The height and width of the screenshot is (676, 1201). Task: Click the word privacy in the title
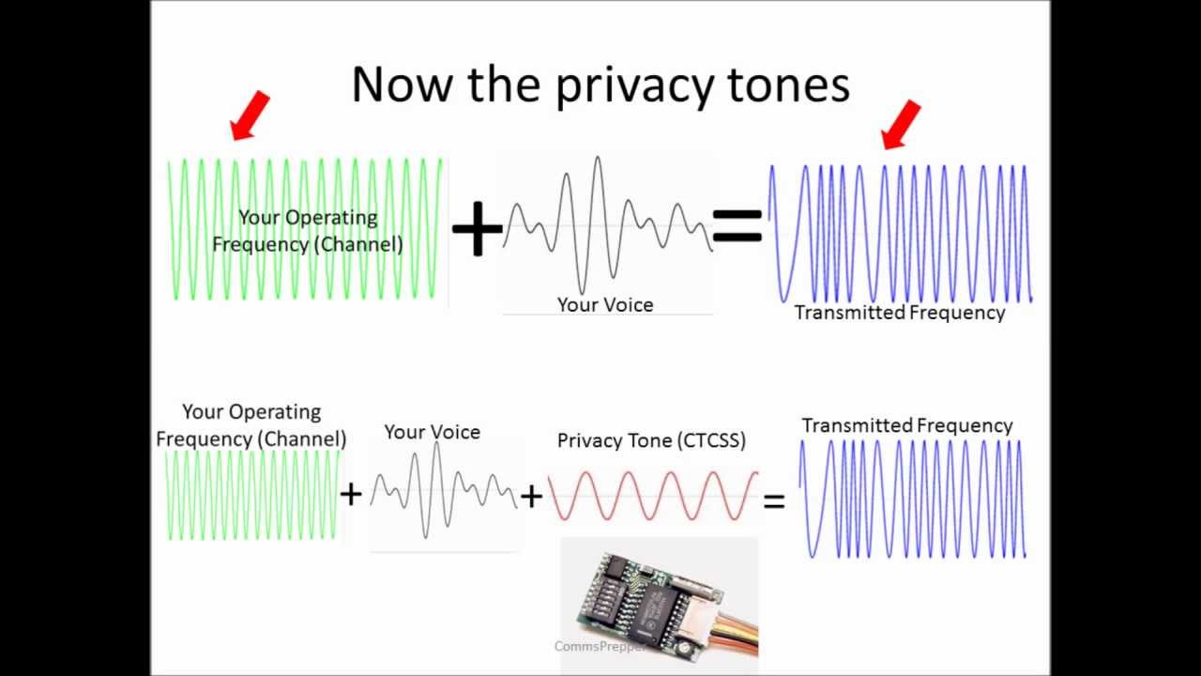(635, 86)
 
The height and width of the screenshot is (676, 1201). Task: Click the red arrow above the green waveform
(250, 115)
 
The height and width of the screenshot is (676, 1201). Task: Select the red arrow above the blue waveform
(901, 125)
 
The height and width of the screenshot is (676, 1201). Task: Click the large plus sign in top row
(478, 228)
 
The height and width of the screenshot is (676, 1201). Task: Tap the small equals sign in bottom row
(774, 501)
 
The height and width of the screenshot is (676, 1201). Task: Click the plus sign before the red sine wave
(531, 497)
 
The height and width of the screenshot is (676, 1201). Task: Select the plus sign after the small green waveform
(351, 494)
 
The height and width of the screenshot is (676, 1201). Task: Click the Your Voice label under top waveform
(605, 305)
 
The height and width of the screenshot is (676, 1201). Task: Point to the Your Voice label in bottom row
(433, 432)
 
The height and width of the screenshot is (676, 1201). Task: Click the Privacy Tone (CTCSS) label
(651, 440)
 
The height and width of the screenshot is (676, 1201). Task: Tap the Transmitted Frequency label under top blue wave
(900, 313)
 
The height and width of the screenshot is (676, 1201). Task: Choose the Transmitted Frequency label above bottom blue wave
(907, 425)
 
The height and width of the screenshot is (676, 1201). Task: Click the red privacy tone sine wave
(653, 496)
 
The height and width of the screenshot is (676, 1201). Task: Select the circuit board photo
(660, 606)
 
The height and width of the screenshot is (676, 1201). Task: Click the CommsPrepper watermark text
(600, 647)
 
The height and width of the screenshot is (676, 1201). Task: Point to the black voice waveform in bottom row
(444, 490)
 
